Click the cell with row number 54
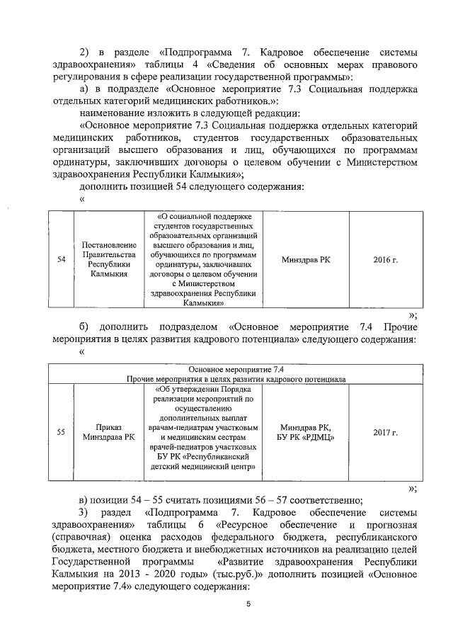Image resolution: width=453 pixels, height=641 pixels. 62,260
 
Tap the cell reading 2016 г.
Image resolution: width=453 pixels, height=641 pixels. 385,260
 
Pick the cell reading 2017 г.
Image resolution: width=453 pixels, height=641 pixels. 385,431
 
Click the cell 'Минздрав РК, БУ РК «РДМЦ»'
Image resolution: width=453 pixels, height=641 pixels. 306,431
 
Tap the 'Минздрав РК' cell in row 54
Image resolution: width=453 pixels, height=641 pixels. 306,260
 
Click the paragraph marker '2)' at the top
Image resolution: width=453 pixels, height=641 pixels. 86,52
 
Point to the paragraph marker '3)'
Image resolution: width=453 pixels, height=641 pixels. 85,511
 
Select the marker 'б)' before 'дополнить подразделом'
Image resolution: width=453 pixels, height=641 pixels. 85,327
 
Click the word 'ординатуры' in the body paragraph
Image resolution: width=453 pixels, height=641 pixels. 79,162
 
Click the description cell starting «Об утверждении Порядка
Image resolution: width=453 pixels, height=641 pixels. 204,431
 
